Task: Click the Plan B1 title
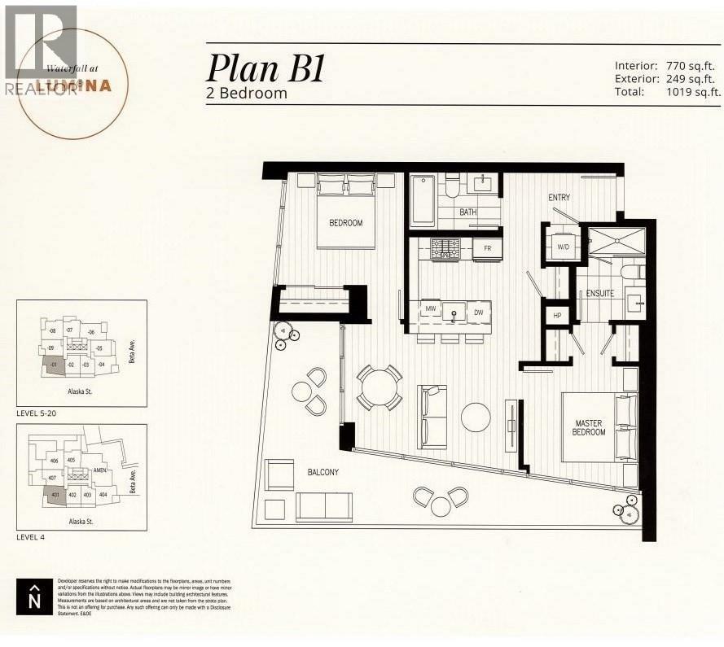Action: coord(266,68)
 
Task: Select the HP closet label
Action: coord(557,315)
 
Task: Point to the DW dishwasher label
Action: coord(480,311)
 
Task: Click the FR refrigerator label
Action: coord(487,247)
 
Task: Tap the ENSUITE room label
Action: coord(599,294)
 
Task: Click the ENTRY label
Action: coord(559,198)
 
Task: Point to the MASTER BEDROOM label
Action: coord(589,426)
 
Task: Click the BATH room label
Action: coord(468,212)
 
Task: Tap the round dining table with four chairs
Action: coord(379,387)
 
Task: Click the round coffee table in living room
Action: coord(476,417)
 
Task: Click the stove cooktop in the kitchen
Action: coord(445,248)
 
